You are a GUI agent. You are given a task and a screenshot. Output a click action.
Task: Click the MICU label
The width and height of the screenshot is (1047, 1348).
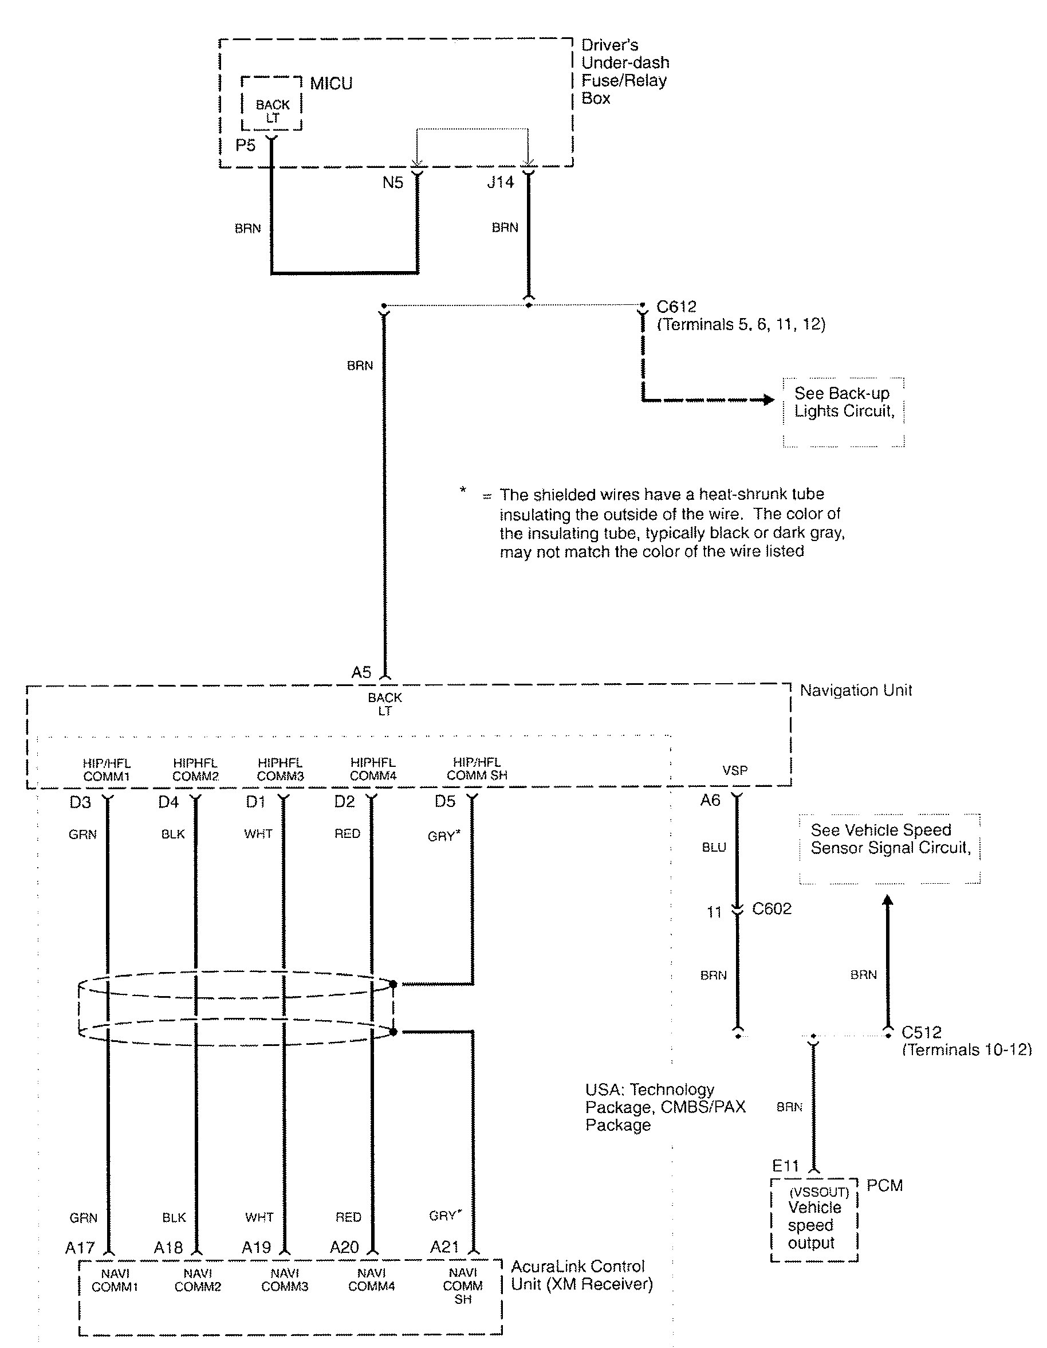(330, 83)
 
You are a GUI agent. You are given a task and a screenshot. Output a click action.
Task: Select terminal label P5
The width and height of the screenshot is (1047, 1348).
(245, 145)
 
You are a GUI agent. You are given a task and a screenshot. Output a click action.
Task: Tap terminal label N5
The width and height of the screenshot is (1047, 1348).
(392, 183)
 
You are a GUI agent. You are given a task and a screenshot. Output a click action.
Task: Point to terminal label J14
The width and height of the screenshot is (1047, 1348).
(500, 182)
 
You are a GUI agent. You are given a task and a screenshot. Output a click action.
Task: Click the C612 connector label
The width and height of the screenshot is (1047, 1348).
(676, 307)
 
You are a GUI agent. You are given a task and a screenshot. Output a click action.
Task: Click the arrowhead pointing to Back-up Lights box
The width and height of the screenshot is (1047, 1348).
(768, 400)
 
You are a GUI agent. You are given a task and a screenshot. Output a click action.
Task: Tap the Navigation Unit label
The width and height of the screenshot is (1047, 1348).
(855, 690)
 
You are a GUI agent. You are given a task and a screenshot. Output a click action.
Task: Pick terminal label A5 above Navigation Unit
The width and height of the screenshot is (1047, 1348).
(361, 672)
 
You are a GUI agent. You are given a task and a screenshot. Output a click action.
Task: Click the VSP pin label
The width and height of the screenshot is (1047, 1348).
(735, 770)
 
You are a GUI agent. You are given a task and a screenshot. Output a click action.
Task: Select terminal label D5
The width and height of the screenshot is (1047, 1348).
(445, 801)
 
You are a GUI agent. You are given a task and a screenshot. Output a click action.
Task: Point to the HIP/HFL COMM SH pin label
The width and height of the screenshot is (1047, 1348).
(477, 769)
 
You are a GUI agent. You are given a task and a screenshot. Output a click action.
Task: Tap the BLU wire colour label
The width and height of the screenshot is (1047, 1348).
(714, 848)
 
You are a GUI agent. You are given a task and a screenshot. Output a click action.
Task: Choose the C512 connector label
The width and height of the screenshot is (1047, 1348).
(921, 1032)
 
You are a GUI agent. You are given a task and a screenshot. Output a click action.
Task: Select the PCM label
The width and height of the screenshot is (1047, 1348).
(884, 1185)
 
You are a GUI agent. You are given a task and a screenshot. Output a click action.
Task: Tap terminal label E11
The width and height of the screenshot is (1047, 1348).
(785, 1166)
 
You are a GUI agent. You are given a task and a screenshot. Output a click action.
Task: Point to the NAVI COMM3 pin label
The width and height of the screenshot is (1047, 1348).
(285, 1280)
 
